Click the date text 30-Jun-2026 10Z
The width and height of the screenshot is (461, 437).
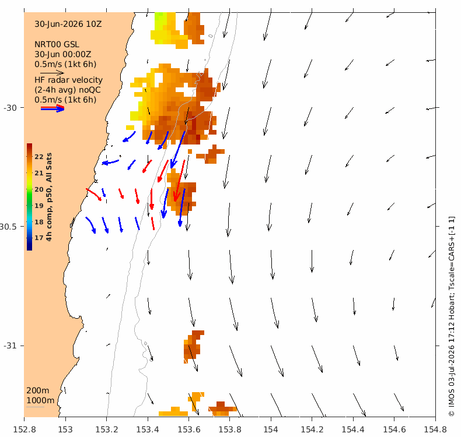[x=68, y=24]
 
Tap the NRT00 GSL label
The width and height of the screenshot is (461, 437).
[x=57, y=44]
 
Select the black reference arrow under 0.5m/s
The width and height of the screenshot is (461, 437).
[x=52, y=73]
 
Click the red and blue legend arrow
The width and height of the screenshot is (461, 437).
[x=53, y=108]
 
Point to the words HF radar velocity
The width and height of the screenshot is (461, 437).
[x=68, y=80]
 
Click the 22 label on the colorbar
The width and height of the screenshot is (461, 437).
[x=39, y=157]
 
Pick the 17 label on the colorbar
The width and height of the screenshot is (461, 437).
[x=39, y=238]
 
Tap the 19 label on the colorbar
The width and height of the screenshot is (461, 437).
[x=39, y=206]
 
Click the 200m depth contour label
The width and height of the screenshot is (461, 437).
[x=37, y=390]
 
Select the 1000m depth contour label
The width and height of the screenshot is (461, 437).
[x=40, y=400]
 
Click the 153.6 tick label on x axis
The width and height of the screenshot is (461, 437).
[x=188, y=429]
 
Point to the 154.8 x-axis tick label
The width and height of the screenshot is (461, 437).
[x=435, y=429]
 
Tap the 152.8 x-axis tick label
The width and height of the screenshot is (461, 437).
[x=25, y=429]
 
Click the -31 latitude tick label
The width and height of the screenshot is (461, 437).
[x=10, y=346]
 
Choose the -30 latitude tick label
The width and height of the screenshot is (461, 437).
[x=10, y=108]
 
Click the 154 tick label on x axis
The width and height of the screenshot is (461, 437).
[x=271, y=429]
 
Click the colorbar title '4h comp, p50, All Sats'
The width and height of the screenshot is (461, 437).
[x=49, y=197]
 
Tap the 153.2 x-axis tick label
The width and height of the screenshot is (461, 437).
[x=107, y=429]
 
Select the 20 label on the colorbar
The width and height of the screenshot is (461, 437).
[x=39, y=189]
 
